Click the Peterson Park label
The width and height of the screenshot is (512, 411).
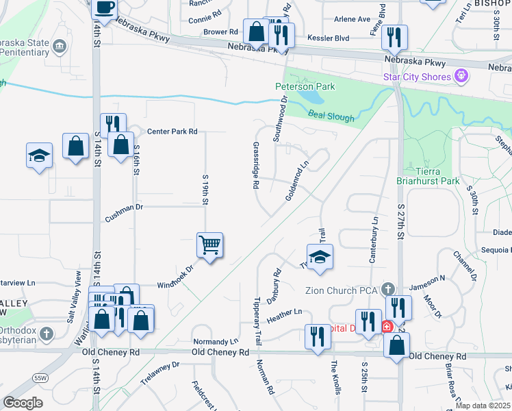pyautogui.click(x=305, y=87)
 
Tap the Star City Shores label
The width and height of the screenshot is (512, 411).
pyautogui.click(x=417, y=76)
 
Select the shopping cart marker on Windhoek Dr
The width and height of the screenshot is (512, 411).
pyautogui.click(x=209, y=244)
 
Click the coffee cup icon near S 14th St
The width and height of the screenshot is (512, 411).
pyautogui.click(x=104, y=8)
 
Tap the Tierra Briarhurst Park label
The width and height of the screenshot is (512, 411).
pyautogui.click(x=437, y=176)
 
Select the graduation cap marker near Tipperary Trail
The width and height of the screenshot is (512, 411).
pyautogui.click(x=320, y=258)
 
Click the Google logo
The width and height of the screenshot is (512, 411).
pyautogui.click(x=23, y=402)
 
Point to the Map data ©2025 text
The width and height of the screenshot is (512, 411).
pyautogui.click(x=483, y=404)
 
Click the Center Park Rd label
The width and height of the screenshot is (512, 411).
pyautogui.click(x=172, y=131)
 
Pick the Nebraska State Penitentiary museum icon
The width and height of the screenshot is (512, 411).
pyautogui.click(x=60, y=47)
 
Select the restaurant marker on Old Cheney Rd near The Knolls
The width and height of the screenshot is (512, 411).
pyautogui.click(x=317, y=336)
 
